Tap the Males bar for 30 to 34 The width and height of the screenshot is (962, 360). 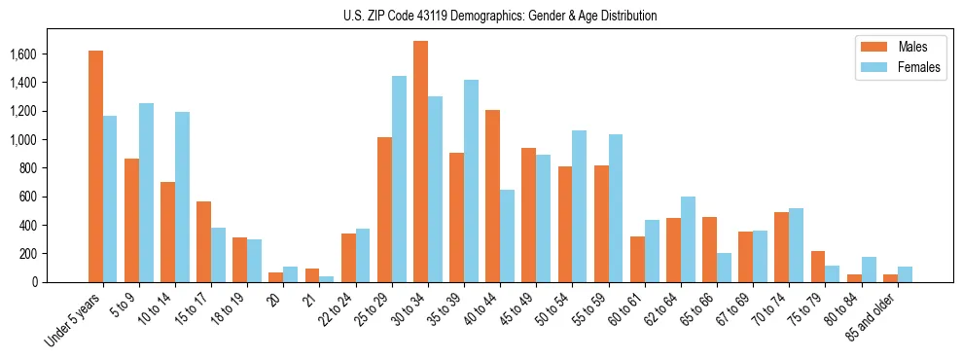tap(420, 162)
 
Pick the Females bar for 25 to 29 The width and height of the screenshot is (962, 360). tap(399, 179)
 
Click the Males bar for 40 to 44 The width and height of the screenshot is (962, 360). tap(492, 197)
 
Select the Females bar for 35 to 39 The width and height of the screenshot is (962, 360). tap(471, 181)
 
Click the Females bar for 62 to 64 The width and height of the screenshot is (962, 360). tap(688, 239)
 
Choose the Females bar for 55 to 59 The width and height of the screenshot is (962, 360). tap(616, 208)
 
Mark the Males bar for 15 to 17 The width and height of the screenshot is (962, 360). tap(203, 241)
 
